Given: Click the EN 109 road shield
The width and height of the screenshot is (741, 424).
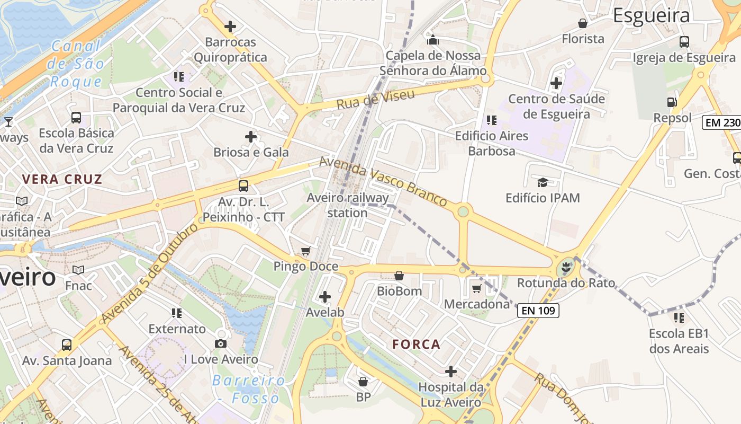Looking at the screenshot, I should click(538, 311).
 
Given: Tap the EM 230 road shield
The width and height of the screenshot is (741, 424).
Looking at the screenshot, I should click(722, 122).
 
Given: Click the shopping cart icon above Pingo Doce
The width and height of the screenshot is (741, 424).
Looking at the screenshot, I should click(305, 251).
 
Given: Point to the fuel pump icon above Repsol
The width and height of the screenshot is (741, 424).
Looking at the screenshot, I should click(672, 102).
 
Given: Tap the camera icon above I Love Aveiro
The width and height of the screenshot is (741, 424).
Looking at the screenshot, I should click(221, 343).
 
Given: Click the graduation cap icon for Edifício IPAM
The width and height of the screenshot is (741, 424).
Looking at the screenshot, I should click(543, 183).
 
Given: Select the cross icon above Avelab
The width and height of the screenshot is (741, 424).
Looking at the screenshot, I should click(325, 297).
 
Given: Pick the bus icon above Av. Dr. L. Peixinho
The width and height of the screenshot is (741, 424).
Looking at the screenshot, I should click(243, 186).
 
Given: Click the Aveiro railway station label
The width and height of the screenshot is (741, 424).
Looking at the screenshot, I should click(347, 205).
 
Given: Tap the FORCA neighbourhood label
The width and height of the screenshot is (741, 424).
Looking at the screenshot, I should click(416, 344).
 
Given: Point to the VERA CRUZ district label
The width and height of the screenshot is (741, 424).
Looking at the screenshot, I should click(62, 179).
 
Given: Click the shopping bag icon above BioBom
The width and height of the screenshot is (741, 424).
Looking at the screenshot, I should click(399, 276).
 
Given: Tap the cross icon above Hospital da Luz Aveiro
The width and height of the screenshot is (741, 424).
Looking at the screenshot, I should click(450, 372).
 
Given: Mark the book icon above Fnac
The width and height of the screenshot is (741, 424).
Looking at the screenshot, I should click(78, 270).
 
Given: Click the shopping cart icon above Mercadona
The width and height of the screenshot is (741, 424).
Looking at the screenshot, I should click(476, 288).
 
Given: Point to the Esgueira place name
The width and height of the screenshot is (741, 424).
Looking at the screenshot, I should click(651, 15).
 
